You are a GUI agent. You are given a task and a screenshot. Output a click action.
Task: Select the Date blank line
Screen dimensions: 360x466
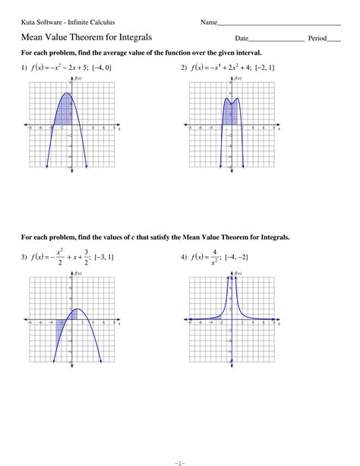click(276, 40)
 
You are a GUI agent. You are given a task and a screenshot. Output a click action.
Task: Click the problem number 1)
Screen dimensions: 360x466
click(25, 68)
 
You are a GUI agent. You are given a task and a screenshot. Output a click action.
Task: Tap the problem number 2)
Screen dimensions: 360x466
click(185, 68)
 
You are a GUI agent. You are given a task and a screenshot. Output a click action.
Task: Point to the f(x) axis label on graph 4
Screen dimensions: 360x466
click(238, 273)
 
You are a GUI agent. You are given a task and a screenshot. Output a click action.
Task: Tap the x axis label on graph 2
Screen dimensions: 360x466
click(279, 130)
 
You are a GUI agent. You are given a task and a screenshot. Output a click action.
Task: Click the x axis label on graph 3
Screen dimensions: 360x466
click(119, 325)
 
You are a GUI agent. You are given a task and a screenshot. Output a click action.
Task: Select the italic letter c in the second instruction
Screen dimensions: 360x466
click(133, 237)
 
